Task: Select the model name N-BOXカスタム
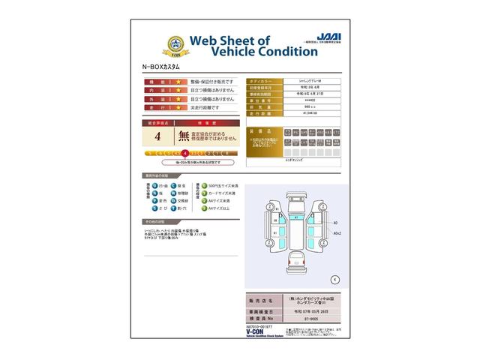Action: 163,67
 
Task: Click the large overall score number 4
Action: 157,136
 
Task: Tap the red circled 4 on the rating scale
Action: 184,154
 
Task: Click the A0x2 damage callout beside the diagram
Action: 336,233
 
